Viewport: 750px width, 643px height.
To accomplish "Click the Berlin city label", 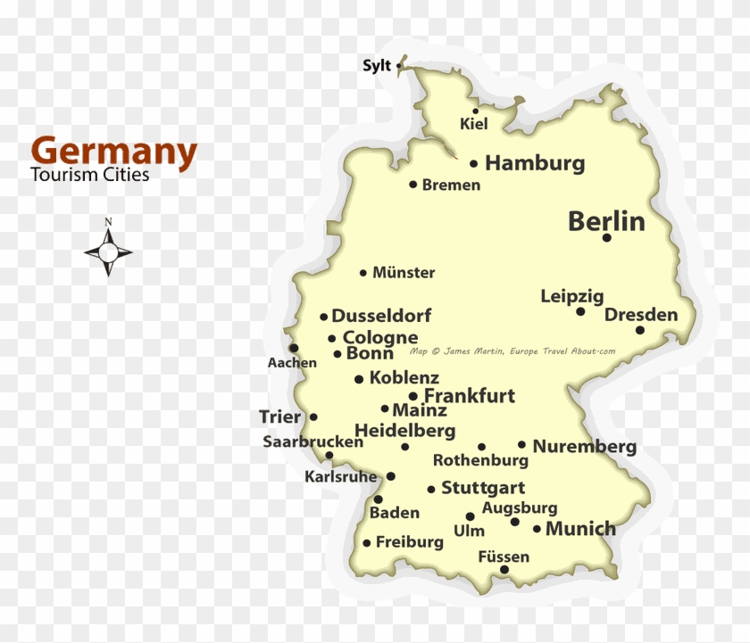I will (606, 221).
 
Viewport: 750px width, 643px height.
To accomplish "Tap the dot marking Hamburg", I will (473, 164).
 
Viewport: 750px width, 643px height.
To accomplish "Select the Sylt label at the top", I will (376, 65).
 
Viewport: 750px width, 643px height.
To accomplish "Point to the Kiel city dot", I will (476, 111).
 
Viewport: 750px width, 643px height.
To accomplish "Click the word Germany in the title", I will (113, 152).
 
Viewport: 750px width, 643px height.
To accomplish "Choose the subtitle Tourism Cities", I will (89, 175).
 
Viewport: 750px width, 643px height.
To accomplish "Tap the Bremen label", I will (451, 185).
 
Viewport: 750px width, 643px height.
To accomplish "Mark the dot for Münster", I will (363, 273).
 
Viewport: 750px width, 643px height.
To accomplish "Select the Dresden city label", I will (641, 315).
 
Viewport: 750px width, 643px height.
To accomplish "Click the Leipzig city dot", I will (580, 311).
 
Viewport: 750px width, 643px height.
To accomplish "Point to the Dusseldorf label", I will (381, 316).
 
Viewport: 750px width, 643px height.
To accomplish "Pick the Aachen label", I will (292, 363).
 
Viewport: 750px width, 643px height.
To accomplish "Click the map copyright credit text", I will (512, 351).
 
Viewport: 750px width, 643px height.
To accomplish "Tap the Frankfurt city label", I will (470, 396).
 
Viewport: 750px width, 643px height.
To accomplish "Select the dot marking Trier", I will (313, 416).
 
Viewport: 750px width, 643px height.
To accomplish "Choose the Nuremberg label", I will (584, 446).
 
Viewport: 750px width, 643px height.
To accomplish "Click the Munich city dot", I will (537, 529).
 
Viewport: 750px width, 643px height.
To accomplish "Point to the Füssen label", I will (504, 556).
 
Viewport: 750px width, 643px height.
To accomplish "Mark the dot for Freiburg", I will (366, 543).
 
